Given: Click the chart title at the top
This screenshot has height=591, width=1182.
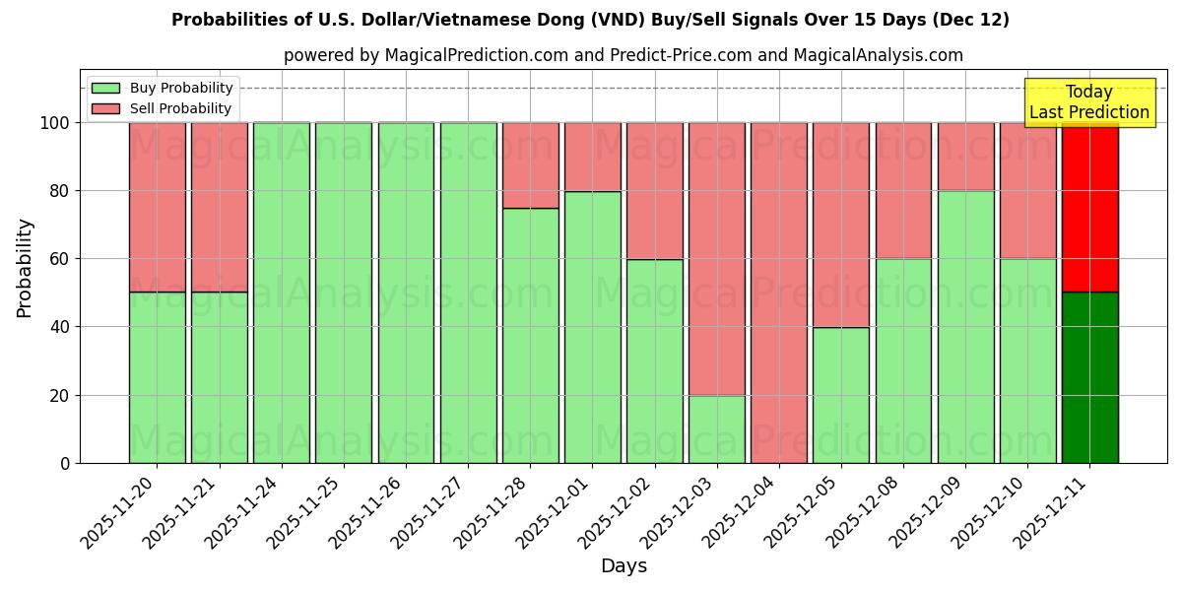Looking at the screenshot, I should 590,20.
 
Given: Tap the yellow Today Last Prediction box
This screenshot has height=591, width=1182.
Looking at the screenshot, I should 1088,102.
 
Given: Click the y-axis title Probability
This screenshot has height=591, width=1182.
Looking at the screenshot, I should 25,267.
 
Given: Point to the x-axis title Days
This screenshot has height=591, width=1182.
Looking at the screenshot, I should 624,566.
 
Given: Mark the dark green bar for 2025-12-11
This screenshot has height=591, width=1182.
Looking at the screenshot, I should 1089,377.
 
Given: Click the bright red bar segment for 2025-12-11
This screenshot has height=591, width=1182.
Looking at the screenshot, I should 1089,207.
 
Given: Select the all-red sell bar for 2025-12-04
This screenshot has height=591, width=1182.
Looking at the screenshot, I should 778,293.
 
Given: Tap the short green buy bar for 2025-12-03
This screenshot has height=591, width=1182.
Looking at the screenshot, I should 716,428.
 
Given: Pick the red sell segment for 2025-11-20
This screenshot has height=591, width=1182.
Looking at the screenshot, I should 157,207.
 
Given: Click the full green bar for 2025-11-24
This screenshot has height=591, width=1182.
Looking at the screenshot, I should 281,293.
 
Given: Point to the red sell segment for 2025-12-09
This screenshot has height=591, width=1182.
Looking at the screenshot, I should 965,157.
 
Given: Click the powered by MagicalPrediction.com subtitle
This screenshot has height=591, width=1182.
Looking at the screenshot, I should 623,55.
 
